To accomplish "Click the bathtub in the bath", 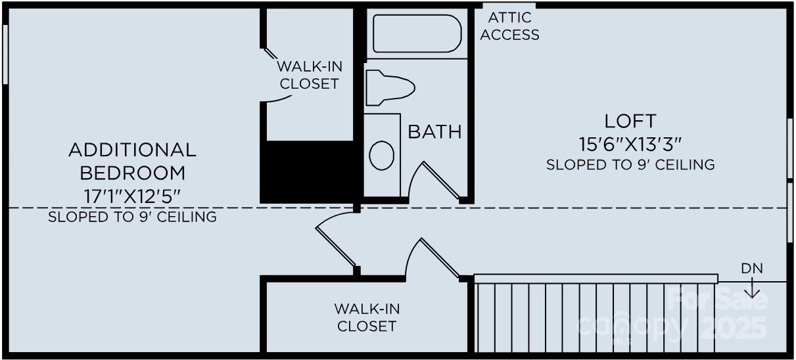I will (417, 34).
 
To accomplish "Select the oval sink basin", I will (381, 155).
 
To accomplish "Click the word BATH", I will (434, 131).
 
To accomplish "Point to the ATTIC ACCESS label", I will (509, 27).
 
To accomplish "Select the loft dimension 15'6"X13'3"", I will (630, 142).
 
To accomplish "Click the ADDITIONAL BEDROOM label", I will (132, 161).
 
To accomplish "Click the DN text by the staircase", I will (752, 269).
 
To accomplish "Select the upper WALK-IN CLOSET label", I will (309, 75).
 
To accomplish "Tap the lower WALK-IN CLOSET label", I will (367, 317).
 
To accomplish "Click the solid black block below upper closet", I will (309, 171).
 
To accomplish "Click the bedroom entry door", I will (337, 245).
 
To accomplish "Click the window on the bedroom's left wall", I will (5, 55).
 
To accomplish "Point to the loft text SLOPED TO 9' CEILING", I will (630, 164).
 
